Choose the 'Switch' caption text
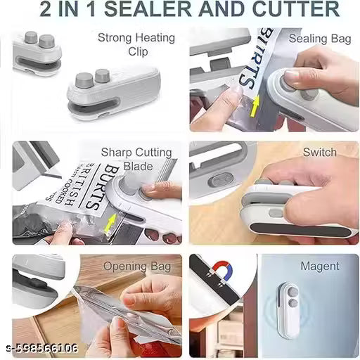point(319,152)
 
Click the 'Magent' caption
point(319,266)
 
